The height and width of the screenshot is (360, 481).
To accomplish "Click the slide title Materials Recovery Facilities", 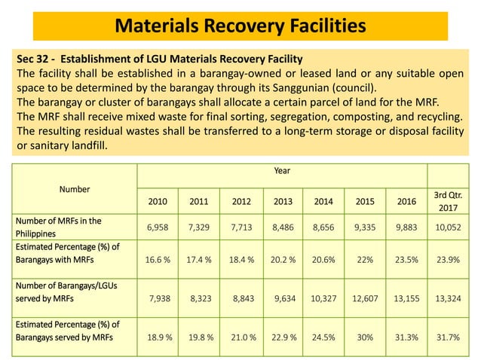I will (240, 26).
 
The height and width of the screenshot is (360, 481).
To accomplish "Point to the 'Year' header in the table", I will (281, 171).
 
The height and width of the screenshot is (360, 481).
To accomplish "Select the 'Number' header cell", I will (75, 189).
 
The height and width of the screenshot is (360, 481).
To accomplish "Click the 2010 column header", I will (158, 202).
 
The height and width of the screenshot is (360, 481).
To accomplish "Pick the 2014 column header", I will (323, 202).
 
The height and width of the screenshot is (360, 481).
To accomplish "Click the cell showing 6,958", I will (158, 227).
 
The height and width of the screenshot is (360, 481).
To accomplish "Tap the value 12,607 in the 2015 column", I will (366, 299).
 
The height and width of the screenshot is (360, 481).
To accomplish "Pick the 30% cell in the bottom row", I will (366, 337).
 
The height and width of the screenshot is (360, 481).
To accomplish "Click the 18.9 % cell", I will (158, 337).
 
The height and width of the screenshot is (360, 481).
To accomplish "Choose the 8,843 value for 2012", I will (241, 299).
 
